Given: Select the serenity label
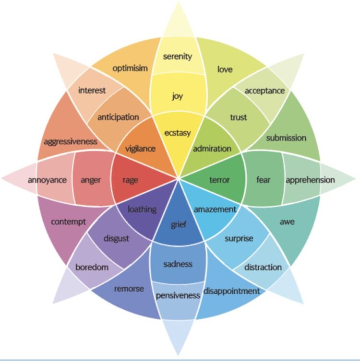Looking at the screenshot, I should [x=177, y=57].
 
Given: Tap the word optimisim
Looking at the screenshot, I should [x=130, y=68].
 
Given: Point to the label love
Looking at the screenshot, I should [x=225, y=70].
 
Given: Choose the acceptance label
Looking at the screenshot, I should [x=264, y=91].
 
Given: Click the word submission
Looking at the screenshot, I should [x=286, y=138].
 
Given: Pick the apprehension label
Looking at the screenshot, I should [x=310, y=180].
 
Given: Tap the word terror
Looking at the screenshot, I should [x=220, y=180].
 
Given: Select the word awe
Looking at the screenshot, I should [x=287, y=221].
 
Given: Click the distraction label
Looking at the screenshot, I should [x=263, y=267].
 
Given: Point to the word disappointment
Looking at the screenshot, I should [x=231, y=291].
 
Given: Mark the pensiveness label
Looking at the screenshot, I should [x=178, y=295].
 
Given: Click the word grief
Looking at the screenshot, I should [x=178, y=225].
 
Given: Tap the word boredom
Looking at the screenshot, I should [x=92, y=267].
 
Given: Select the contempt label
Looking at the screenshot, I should [x=68, y=222].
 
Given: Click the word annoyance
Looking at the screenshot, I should [x=47, y=180].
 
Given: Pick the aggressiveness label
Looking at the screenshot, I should [x=70, y=141].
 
